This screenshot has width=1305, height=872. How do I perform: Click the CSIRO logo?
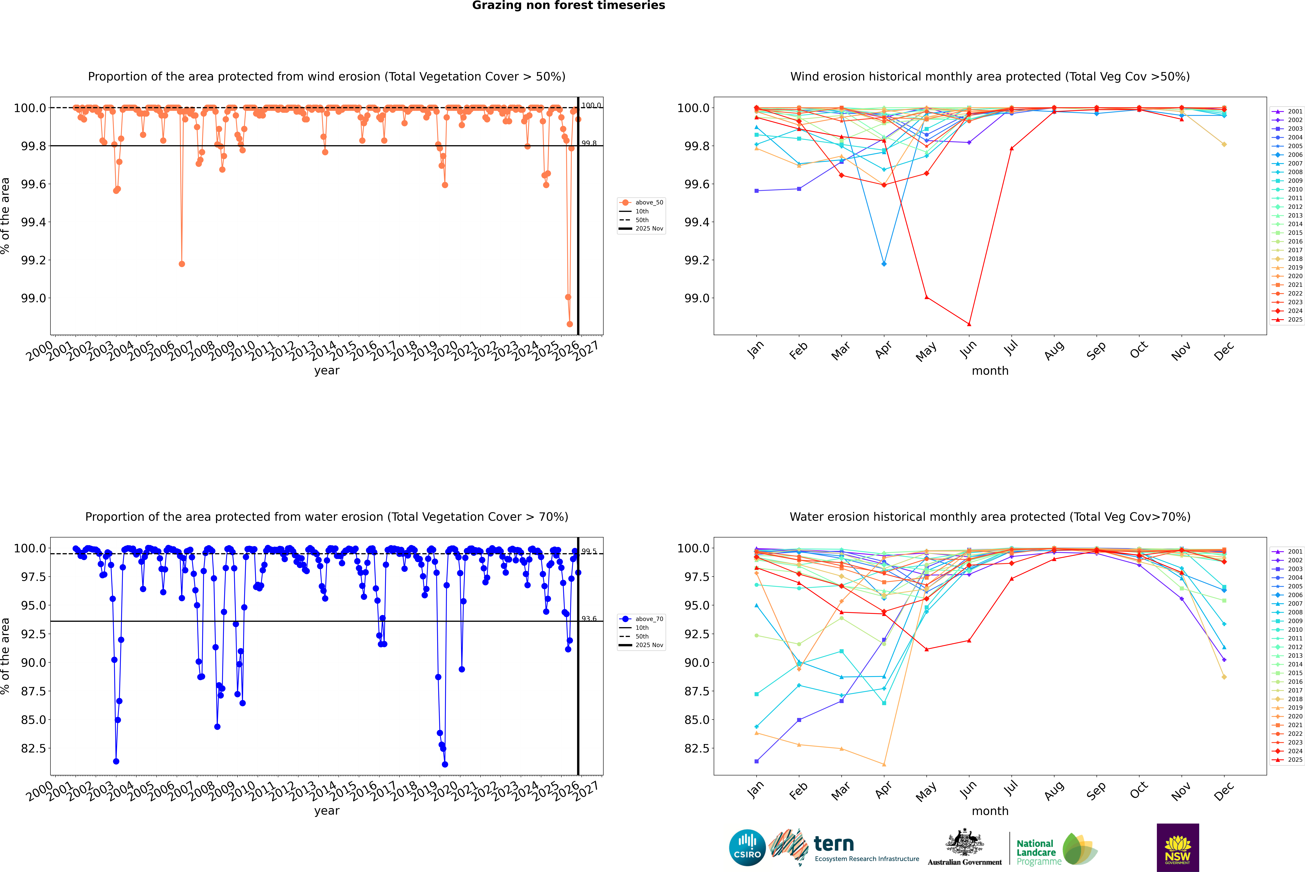(x=747, y=848)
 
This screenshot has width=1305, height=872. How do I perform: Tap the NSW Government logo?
(x=1178, y=848)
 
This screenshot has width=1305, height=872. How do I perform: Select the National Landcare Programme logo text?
(x=1036, y=852)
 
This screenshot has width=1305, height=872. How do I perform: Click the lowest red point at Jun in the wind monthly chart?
(x=969, y=324)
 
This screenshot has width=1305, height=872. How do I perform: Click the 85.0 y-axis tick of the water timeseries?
(x=33, y=720)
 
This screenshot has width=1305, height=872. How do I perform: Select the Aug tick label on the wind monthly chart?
(x=1054, y=350)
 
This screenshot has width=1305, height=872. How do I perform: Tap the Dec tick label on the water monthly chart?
(x=1224, y=791)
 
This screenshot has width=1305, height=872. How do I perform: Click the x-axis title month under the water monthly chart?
(x=990, y=811)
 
